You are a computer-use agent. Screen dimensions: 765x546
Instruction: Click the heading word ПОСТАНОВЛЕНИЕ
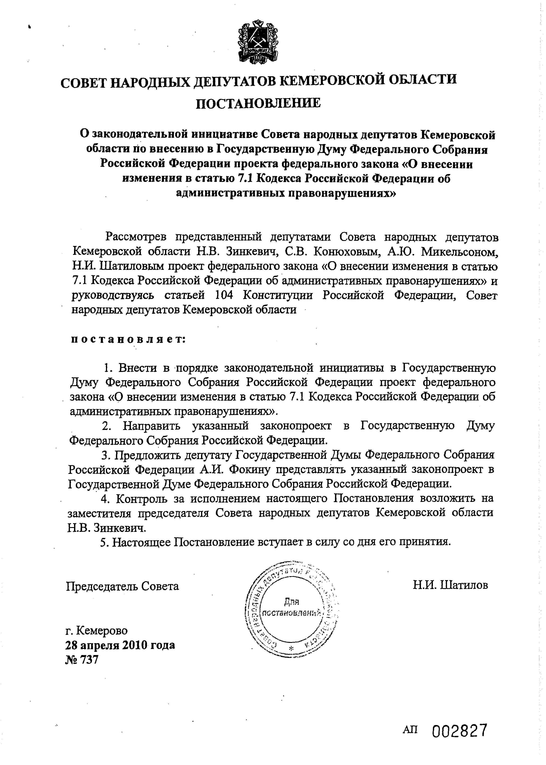click(258, 103)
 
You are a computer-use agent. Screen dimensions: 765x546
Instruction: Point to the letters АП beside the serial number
click(410, 730)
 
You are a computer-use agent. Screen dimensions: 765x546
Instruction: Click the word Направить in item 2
click(152, 426)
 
